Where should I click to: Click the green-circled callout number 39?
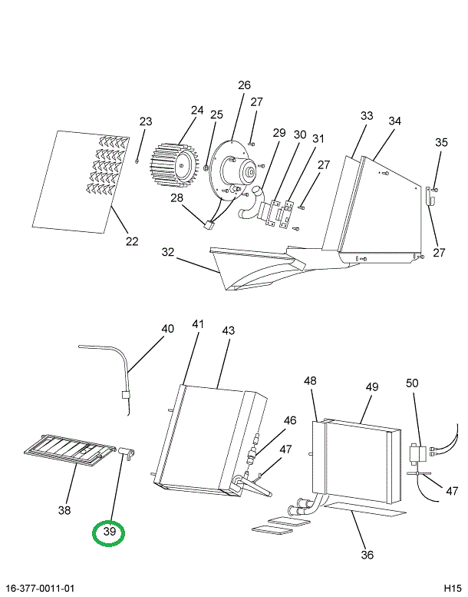click(108, 532)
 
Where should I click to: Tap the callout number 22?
click(132, 241)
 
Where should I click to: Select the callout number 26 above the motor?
click(244, 85)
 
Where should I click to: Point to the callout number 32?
click(168, 252)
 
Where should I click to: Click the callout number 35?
click(441, 142)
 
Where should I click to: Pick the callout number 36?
click(367, 555)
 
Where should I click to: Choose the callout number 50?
click(412, 383)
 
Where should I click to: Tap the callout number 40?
click(167, 329)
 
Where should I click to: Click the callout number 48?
click(310, 381)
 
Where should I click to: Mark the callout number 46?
click(289, 420)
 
